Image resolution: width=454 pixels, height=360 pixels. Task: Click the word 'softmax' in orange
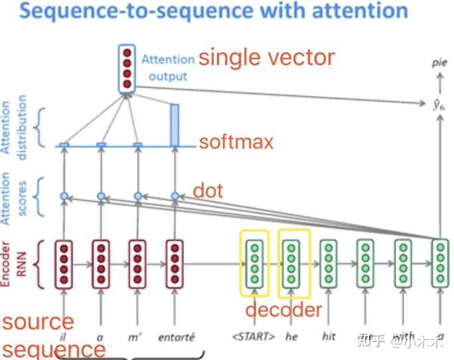pos(236,141)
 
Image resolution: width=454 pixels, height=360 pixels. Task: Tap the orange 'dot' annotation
pos(207,191)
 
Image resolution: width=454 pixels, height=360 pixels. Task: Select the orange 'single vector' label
pos(267,58)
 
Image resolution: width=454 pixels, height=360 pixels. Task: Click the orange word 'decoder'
pos(283,310)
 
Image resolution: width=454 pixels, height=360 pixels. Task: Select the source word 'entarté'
pos(176,337)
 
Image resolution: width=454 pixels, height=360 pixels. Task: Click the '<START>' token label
pos(254,337)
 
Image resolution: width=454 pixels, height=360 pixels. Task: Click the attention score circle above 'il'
pos(64,196)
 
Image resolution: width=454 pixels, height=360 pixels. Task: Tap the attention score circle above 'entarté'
pos(175,196)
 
